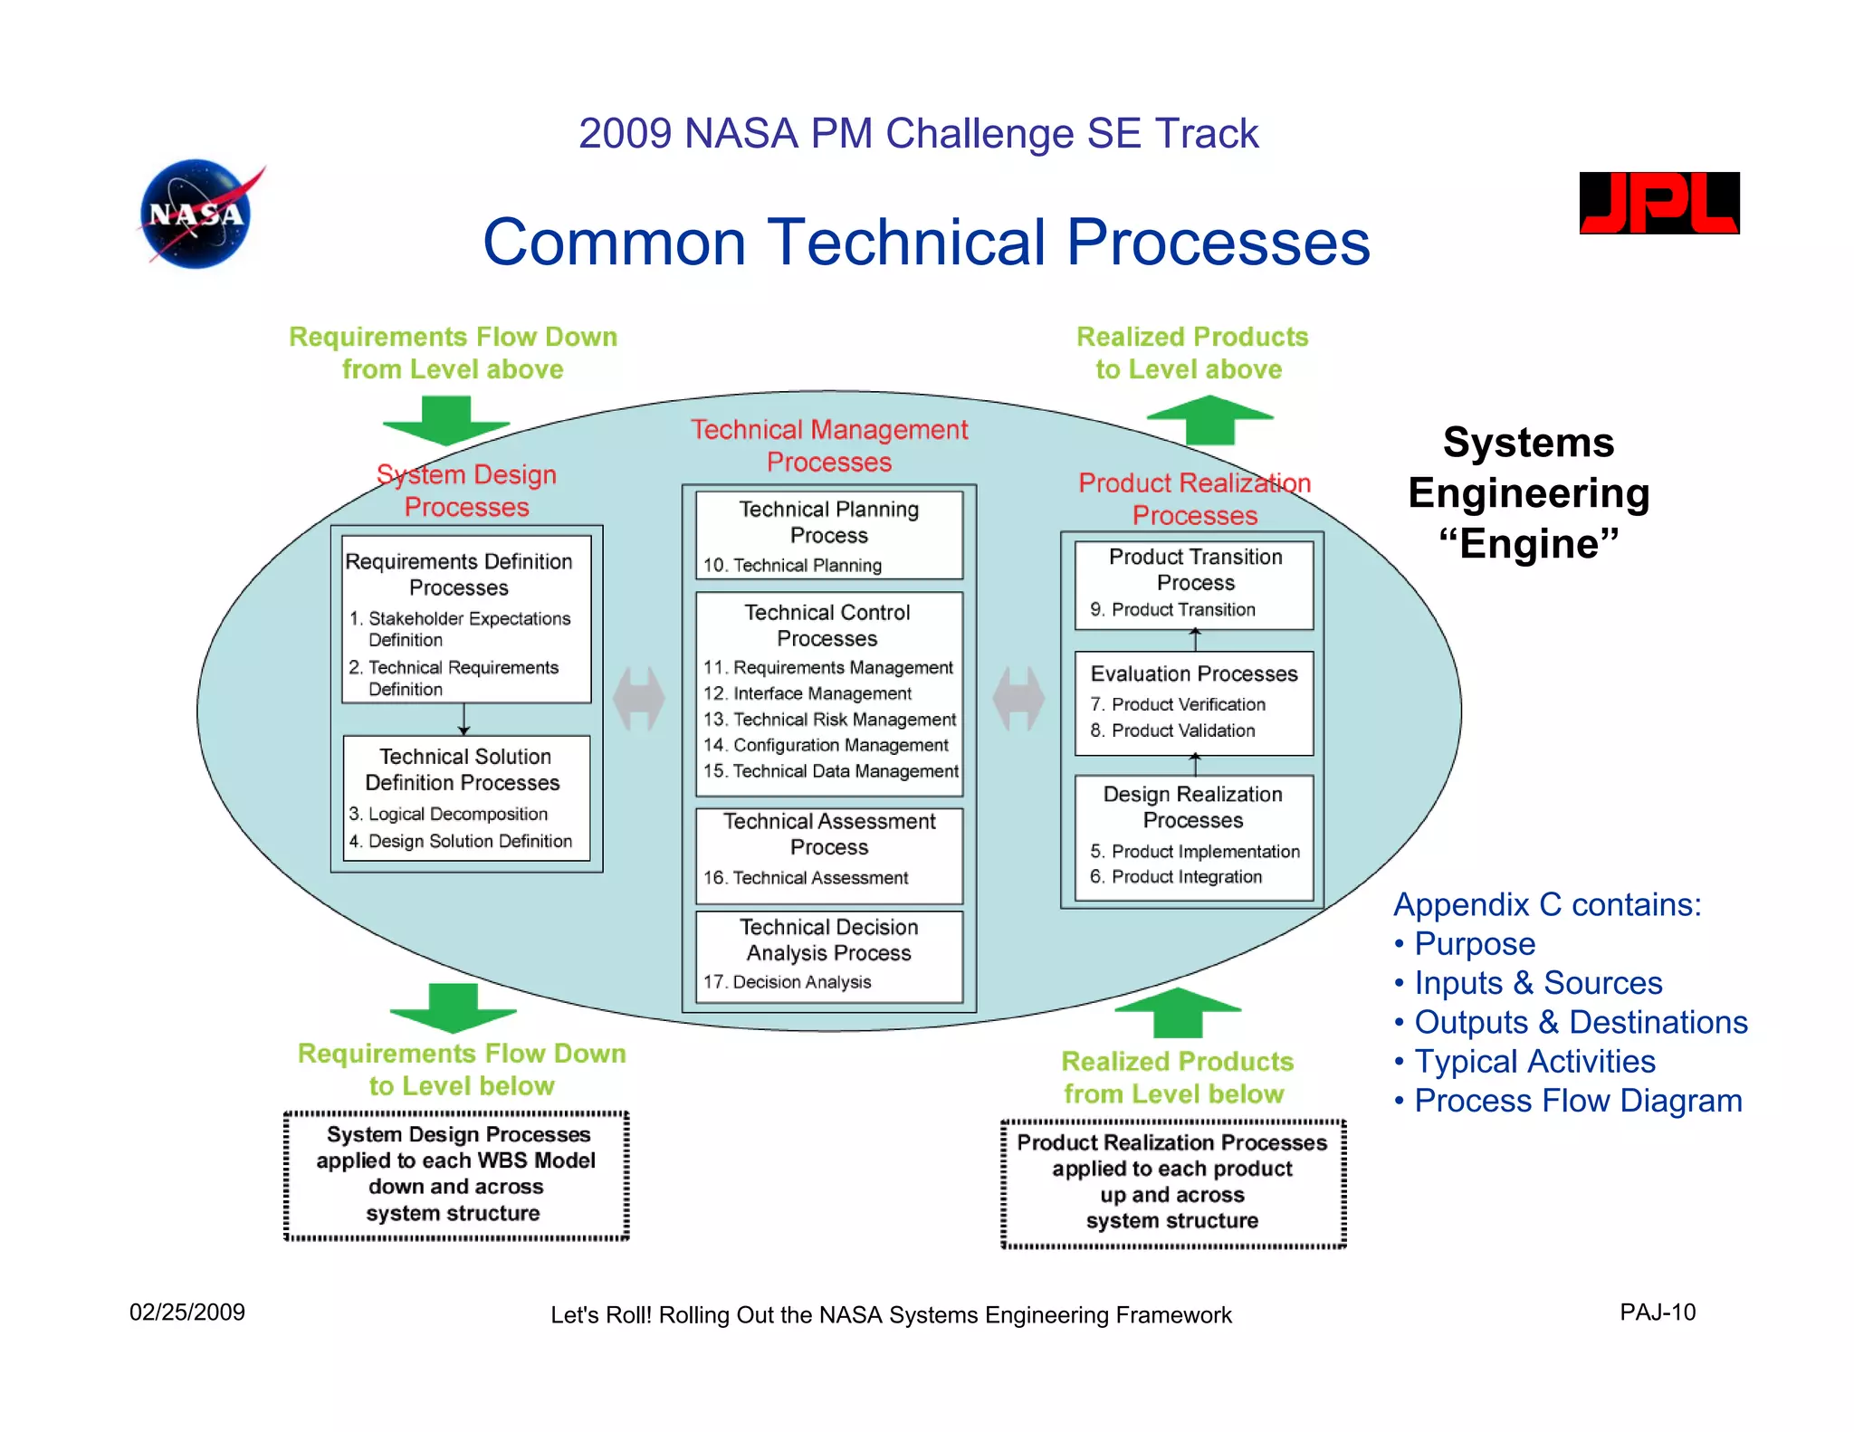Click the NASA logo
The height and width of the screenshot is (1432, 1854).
(x=196, y=215)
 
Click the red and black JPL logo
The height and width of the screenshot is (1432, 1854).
(x=1658, y=203)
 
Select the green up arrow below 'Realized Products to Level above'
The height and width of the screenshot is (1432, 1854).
(x=1209, y=420)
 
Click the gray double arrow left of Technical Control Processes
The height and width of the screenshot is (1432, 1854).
(x=639, y=699)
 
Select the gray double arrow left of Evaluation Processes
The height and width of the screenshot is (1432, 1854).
(x=1018, y=699)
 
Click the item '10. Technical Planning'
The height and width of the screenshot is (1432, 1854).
(x=793, y=566)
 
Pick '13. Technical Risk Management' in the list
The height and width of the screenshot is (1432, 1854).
(x=830, y=720)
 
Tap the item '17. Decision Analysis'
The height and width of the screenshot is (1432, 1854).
(x=788, y=982)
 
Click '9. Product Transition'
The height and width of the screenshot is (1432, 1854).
(x=1173, y=610)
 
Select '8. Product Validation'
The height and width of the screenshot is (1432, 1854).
(x=1173, y=730)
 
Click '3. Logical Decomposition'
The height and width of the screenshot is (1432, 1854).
(x=449, y=815)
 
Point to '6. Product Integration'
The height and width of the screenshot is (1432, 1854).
(x=1176, y=877)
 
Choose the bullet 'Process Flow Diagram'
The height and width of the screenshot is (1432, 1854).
(x=1577, y=1101)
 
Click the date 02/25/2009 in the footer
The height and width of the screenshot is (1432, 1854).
(x=187, y=1313)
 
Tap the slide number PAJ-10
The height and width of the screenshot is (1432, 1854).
(x=1657, y=1313)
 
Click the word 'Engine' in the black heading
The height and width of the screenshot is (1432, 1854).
(x=1528, y=544)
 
